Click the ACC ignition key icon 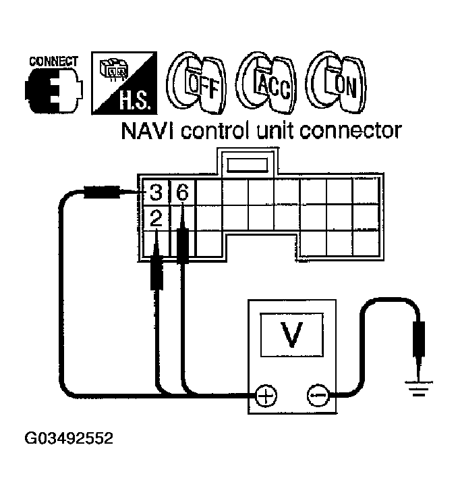tap(265, 85)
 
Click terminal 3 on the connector tap(156, 193)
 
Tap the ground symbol tap(418, 388)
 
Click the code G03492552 tap(69, 438)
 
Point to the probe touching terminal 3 tap(101, 193)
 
